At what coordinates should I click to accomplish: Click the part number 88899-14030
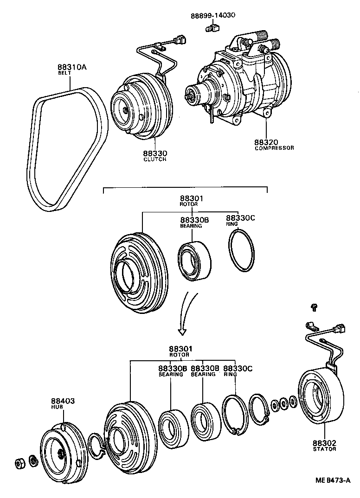(x=213, y=15)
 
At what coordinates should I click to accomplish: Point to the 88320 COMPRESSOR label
(x=273, y=145)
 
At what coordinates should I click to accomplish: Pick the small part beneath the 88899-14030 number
(x=212, y=29)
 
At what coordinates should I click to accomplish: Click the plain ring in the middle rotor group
(x=242, y=253)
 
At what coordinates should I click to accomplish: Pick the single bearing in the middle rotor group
(x=194, y=262)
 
